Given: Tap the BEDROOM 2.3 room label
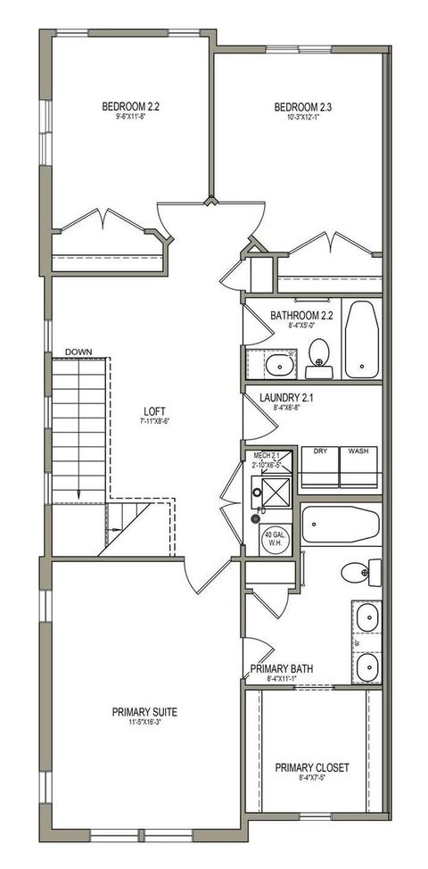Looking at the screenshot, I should click(x=301, y=108).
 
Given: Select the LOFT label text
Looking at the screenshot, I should click(x=155, y=412).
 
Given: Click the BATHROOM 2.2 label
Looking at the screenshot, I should click(x=301, y=315).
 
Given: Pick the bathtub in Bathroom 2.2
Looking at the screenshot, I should click(x=361, y=340).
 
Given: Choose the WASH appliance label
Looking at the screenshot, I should click(x=359, y=451).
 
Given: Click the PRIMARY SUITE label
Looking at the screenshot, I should click(x=144, y=711).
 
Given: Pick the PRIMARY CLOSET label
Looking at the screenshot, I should click(x=311, y=767).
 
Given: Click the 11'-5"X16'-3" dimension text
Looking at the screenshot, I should click(x=144, y=722).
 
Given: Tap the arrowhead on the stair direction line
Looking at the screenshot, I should click(x=79, y=496).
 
